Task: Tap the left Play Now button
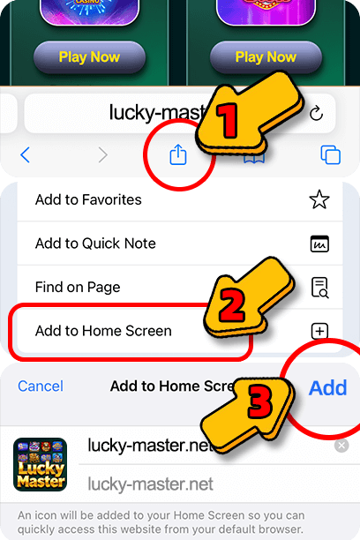click(x=89, y=57)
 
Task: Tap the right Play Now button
click(x=266, y=57)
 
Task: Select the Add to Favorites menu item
click(x=88, y=199)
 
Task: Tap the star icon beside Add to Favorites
click(x=319, y=199)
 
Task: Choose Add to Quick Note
click(x=95, y=244)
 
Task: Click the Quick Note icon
click(x=319, y=244)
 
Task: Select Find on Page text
click(x=78, y=287)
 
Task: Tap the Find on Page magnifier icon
click(x=319, y=287)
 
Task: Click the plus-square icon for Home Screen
click(x=319, y=331)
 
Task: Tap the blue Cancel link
click(x=41, y=386)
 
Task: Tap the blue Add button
click(x=327, y=387)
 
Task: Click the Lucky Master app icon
click(x=40, y=464)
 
